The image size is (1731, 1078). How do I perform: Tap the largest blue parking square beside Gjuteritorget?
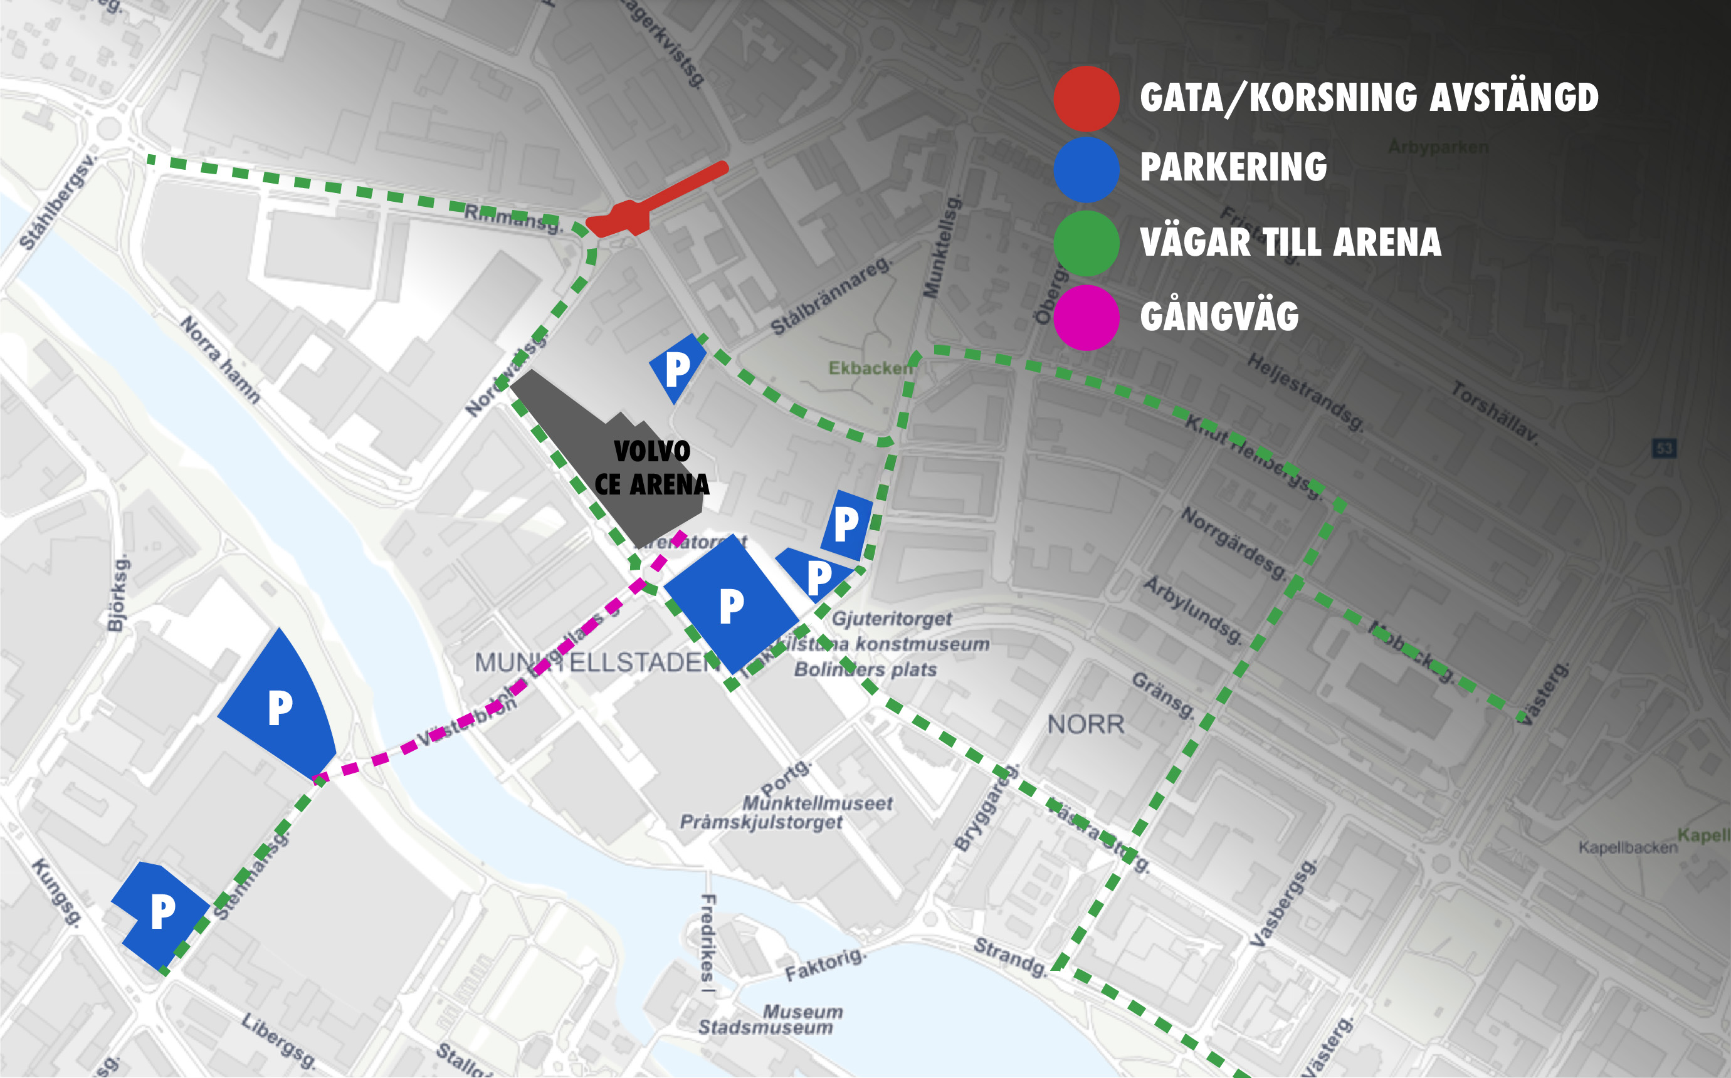(731, 605)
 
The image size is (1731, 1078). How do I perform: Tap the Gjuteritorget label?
(892, 618)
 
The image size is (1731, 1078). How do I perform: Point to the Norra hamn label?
(219, 360)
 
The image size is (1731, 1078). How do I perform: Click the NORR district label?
(1085, 725)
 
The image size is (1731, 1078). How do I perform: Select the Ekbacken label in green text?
(870, 368)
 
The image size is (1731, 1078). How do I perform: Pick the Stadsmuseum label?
(766, 1027)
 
